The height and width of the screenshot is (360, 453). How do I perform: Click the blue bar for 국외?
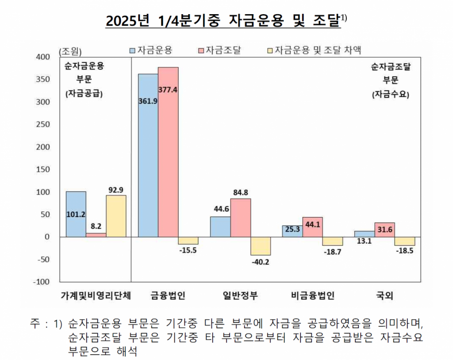pos(365,234)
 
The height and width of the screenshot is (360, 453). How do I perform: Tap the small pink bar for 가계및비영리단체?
pos(96,235)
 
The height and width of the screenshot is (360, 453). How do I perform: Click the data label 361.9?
pos(148,101)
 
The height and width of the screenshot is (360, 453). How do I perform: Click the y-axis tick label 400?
pos(46,57)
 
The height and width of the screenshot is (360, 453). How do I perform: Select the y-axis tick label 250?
pos(46,124)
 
